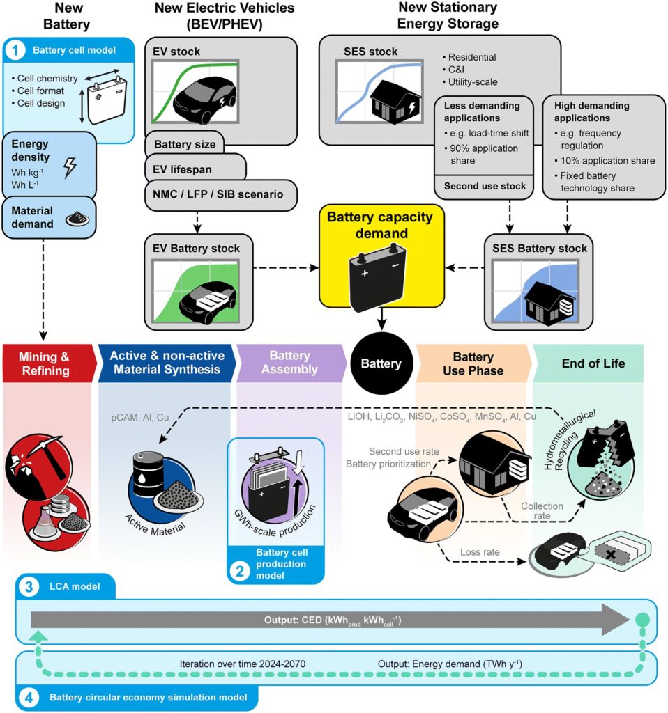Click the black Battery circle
[380, 363]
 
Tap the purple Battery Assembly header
[288, 363]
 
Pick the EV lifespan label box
[195, 169]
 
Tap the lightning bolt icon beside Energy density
[71, 167]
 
